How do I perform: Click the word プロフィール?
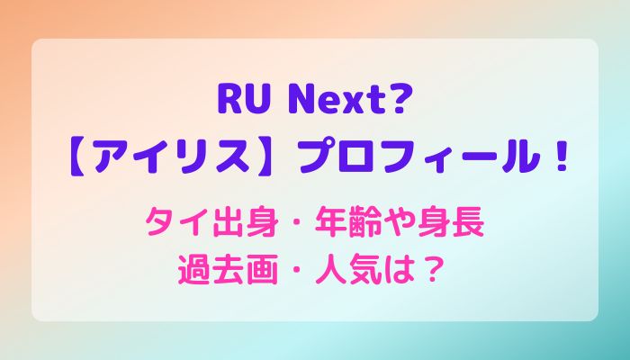(419, 157)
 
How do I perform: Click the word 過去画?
(228, 271)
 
